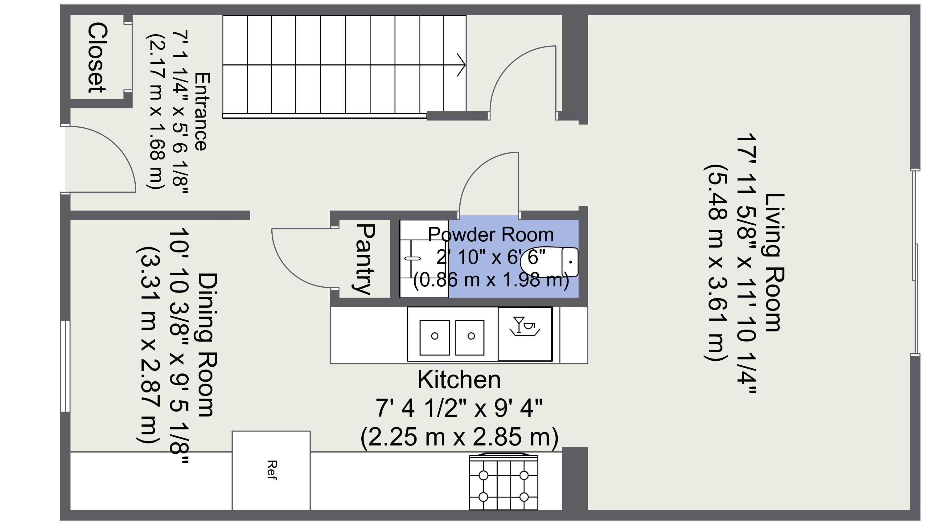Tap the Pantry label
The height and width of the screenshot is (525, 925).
point(365,259)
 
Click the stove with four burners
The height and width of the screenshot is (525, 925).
point(504,482)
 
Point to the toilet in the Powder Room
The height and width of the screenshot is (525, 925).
point(549,262)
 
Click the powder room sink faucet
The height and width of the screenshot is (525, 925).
point(413,258)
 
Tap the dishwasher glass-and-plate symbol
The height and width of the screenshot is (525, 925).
point(525,326)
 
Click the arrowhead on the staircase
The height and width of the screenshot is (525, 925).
point(462,65)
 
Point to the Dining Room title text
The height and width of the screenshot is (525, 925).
point(208,345)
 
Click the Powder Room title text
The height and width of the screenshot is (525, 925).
point(491,235)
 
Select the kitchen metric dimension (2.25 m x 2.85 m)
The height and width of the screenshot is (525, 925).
point(459,437)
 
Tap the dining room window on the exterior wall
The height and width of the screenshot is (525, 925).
point(65,366)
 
